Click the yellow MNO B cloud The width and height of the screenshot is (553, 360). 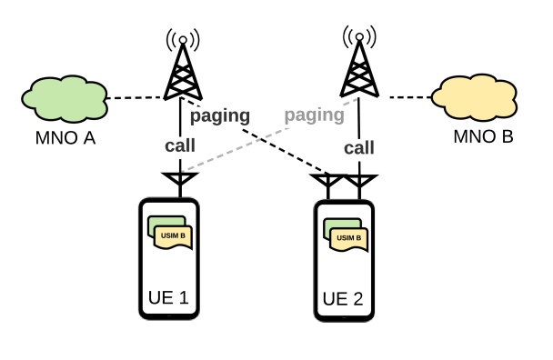click(x=476, y=97)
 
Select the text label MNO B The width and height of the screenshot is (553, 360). click(x=483, y=137)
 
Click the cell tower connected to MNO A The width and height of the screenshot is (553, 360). click(x=183, y=69)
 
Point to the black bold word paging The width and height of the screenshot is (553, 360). click(x=221, y=116)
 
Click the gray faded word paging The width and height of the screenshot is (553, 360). click(x=314, y=115)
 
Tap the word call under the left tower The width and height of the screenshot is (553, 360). click(x=180, y=145)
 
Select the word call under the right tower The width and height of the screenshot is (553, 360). click(x=359, y=147)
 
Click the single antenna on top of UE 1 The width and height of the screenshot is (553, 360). click(x=180, y=181)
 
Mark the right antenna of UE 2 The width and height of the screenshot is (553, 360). click(x=361, y=184)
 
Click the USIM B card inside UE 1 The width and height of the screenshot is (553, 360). click(x=174, y=236)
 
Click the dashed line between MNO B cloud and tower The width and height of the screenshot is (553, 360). click(x=405, y=95)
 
